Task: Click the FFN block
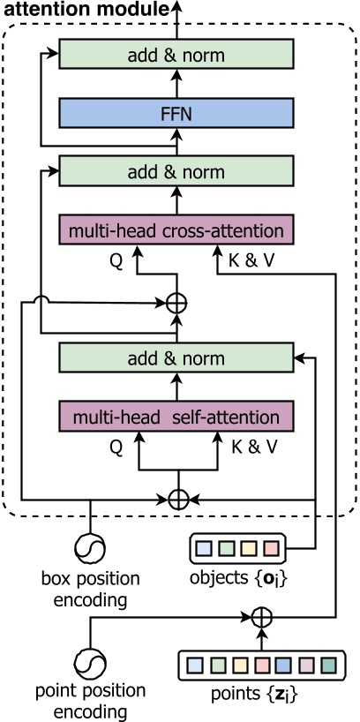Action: (176, 113)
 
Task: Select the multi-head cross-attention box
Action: (176, 230)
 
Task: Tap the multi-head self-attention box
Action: (176, 416)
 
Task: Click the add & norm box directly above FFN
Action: (176, 55)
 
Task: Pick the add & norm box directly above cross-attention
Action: (176, 171)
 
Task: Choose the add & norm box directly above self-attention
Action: (176, 358)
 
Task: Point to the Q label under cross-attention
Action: (116, 260)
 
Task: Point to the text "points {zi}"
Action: (261, 702)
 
